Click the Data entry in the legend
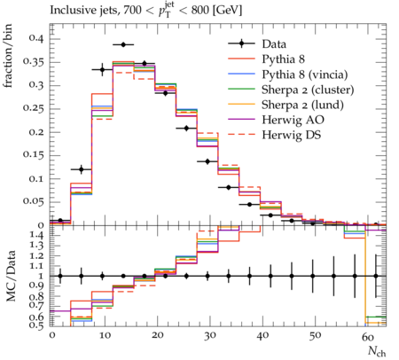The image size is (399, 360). tap(274, 44)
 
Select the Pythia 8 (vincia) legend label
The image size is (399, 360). tap(305, 74)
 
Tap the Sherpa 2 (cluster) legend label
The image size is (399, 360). tap(308, 90)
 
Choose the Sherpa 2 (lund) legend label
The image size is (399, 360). tap(302, 105)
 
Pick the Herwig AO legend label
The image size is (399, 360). tap(293, 120)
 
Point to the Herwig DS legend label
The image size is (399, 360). tap(292, 135)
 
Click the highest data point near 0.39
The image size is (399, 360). tap(123, 44)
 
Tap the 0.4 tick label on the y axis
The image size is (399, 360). tap(35, 38)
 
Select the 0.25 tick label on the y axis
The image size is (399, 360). tap(33, 108)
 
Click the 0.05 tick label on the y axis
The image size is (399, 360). tap(33, 202)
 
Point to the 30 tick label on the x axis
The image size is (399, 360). tap(210, 336)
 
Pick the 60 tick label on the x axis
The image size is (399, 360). tap(368, 336)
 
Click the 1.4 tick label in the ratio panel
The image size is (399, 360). tap(36, 236)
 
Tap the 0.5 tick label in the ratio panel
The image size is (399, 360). tap(36, 325)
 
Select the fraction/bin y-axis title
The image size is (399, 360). tap(8, 56)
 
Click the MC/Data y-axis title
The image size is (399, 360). tap(11, 276)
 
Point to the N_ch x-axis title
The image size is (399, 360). tap(377, 351)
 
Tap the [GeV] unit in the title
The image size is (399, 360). tap(227, 11)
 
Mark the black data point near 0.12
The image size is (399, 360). tap(82, 169)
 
